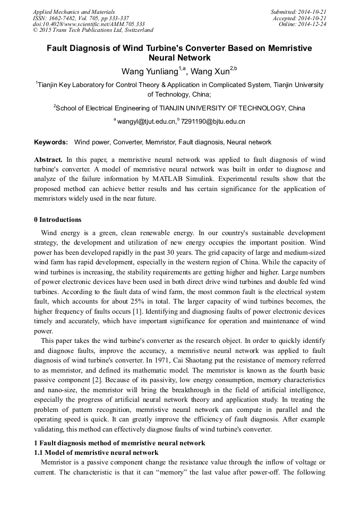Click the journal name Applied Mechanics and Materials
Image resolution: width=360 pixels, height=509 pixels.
click(73, 12)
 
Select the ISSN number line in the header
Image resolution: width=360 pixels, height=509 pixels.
click(80, 18)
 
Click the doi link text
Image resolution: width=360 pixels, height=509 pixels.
click(88, 24)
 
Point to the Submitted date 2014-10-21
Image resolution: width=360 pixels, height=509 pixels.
click(298, 12)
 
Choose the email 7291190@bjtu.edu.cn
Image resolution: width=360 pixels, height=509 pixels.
click(213, 122)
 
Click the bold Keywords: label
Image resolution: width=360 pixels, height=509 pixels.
click(51, 142)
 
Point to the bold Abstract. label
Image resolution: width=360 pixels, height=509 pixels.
click(48, 160)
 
